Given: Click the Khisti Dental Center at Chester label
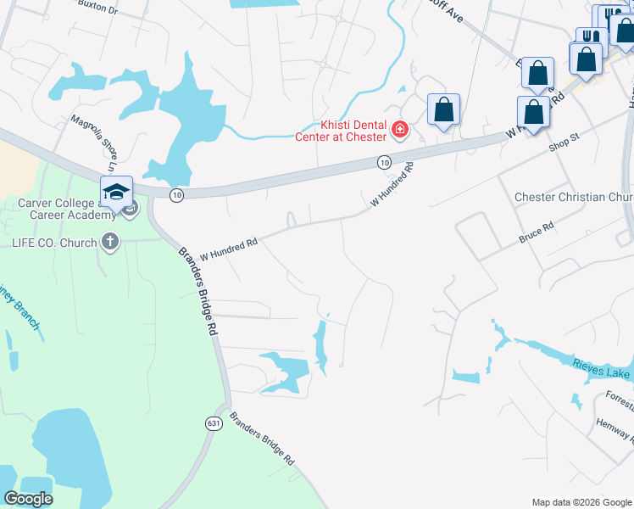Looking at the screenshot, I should pos(341,131).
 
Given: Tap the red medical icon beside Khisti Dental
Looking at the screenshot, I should pos(399,131).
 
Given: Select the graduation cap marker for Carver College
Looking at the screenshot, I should pos(116,191).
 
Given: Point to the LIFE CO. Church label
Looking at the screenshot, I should pos(53,243).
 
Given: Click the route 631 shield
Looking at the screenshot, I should pos(213,423).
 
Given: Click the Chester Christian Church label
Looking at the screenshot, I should pos(574,197).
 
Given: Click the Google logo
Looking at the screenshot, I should pos(28,499).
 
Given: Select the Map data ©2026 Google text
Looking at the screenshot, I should pos(581,502).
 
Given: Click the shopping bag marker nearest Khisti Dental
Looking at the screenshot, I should pos(443,109).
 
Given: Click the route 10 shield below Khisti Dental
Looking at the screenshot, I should pos(384,161).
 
